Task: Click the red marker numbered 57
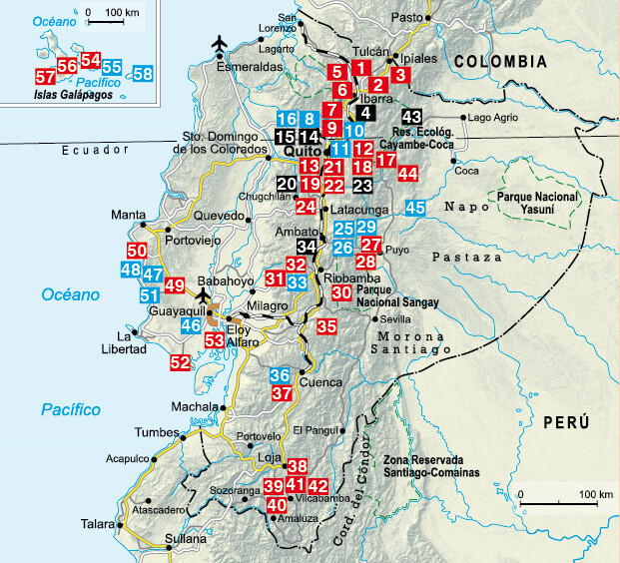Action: pos(44,77)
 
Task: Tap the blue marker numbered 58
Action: pos(143,73)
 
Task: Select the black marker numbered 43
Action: pos(400,73)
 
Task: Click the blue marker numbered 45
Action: pos(416,207)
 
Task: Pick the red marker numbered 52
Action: pos(180,363)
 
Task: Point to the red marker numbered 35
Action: pos(326,325)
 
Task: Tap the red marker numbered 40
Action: pos(277,504)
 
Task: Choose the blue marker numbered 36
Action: pos(281,375)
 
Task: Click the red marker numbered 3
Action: pos(400,73)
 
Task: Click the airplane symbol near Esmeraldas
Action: pos(221,44)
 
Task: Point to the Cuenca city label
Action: pos(322,382)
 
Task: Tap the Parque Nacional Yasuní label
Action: pos(543,205)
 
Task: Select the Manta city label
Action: pos(128,215)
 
